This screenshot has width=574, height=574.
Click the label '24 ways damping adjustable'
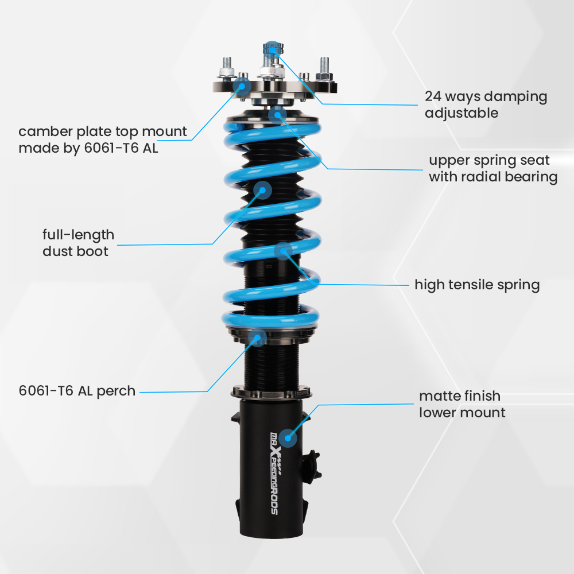pos(486,104)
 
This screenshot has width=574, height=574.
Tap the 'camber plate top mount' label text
pos(103,139)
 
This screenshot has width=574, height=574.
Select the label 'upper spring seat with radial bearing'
pos(492,168)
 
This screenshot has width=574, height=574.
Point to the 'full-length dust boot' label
pos(78,243)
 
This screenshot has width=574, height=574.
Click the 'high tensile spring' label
pos(477,285)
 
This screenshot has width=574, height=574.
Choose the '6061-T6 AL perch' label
pos(77,391)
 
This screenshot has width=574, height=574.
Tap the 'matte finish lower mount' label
pos(461,404)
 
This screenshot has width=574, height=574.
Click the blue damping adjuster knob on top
pos(272,48)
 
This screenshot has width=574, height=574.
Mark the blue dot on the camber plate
pos(242,87)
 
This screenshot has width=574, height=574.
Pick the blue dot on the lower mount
pos(288,438)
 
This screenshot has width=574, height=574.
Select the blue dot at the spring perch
pos(258,338)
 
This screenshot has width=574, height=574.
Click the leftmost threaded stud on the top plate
pos(226,67)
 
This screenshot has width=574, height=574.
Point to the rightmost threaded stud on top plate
pos(324,68)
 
